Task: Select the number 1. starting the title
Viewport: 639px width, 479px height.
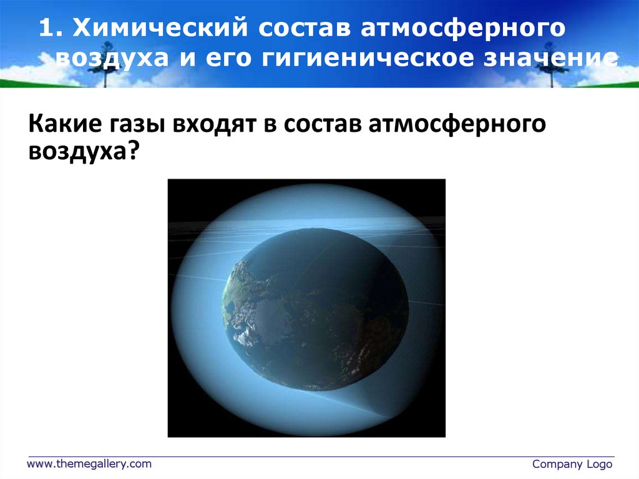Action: tap(51, 29)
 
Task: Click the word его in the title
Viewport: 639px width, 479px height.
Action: tap(227, 59)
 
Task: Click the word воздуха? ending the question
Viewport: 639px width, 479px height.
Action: tap(82, 152)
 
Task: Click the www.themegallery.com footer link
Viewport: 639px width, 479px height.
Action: tap(89, 463)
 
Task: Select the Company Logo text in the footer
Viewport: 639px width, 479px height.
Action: tap(572, 464)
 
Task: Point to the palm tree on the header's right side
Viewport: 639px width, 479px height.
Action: tap(549, 59)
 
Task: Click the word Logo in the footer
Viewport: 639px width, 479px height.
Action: tap(599, 464)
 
